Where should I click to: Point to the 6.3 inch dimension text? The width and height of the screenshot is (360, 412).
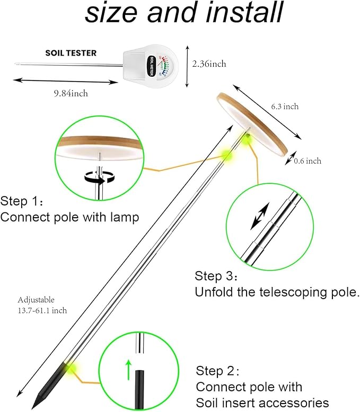(285, 106)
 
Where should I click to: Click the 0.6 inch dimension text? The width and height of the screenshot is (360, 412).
(308, 161)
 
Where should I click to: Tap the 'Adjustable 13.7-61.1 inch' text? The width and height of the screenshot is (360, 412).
(42, 305)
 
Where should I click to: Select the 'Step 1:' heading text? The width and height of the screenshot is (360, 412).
(22, 202)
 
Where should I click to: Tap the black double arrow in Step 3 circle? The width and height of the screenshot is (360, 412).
(260, 218)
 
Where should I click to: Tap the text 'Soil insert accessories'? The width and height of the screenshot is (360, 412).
(262, 402)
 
